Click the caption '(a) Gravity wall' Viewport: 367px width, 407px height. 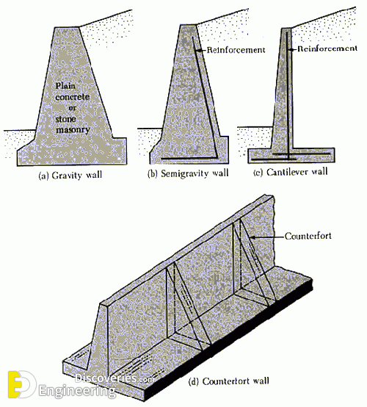coord(70,176)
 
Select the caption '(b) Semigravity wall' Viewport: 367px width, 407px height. coord(188,173)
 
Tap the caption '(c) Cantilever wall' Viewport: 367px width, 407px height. coord(291,172)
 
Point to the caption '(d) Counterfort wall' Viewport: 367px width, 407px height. coord(228,381)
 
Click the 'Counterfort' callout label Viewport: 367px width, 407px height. coord(308,236)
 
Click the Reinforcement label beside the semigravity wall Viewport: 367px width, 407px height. coord(236,49)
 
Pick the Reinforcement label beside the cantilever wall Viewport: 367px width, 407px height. coord(327,48)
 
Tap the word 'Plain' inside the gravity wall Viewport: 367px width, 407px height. coord(65,86)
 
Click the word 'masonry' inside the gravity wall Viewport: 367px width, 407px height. coord(73,129)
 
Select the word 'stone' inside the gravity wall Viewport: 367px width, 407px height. coord(65,119)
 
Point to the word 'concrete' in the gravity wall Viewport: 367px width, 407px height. coord(73,97)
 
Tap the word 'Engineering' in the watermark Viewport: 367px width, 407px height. coord(77,391)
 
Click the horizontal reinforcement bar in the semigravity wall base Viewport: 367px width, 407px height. coord(189,158)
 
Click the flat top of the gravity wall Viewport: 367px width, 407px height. coord(66,27)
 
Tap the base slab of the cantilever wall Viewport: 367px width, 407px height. coord(291,155)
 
